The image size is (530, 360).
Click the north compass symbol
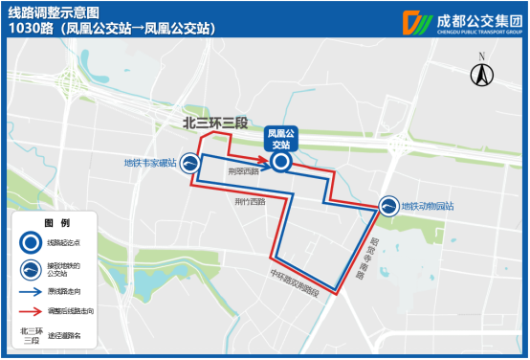[x=484, y=73]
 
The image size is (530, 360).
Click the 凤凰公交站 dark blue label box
[x=280, y=138]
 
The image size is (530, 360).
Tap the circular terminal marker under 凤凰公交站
[x=280, y=163]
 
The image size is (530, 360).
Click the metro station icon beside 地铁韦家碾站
[x=189, y=163]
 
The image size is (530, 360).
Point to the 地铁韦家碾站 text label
[x=150, y=163]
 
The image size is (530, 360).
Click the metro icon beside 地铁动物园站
[x=388, y=206]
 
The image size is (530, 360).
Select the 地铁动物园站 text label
[x=427, y=206]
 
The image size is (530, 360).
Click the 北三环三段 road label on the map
[x=215, y=122]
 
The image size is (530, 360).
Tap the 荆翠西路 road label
[x=244, y=173]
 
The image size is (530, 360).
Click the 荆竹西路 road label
[x=250, y=202]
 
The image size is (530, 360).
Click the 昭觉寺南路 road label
[x=367, y=251]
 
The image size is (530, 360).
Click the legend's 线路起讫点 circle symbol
[x=31, y=243]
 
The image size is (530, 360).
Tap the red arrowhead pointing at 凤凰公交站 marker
[x=265, y=159]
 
